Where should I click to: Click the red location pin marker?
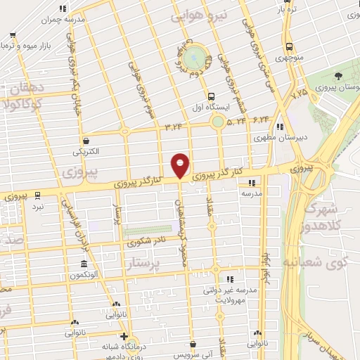click(181, 165)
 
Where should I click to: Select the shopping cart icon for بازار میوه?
click(14, 34)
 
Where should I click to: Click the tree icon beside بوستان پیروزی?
click(339, 76)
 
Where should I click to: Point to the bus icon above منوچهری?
click(288, 46)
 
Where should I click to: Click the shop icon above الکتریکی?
click(85, 141)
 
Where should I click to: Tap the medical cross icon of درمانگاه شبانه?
click(124, 336)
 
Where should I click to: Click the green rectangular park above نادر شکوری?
click(147, 230)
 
